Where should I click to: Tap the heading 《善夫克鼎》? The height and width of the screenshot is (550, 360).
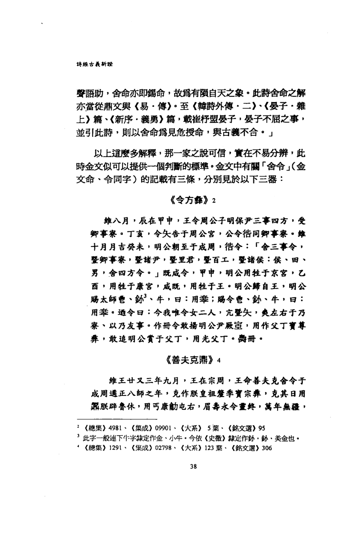190,359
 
